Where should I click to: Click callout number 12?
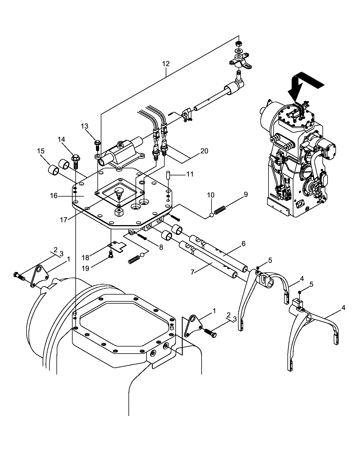[166, 64]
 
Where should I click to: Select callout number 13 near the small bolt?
[84, 126]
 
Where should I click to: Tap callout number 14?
[61, 140]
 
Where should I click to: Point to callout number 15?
[41, 151]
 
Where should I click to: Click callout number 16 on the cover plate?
[54, 195]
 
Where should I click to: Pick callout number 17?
[64, 220]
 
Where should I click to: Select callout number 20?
[204, 151]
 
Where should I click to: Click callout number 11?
[190, 174]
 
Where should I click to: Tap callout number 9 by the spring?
[246, 195]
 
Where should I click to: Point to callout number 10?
[211, 195]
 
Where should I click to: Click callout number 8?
[161, 247]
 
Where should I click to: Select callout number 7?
[192, 272]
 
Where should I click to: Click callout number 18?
[85, 258]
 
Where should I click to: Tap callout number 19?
[85, 268]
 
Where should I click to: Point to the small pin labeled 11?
[168, 175]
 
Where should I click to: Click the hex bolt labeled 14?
[75, 162]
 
